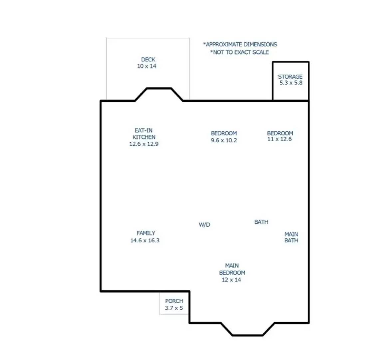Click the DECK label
point(148,60)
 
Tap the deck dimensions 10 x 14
point(147,66)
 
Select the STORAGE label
point(290,77)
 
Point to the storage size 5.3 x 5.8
point(290,83)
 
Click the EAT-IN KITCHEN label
point(144,134)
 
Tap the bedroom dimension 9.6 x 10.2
point(224,140)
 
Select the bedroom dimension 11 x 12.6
point(279,139)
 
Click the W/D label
point(204,225)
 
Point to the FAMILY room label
point(146,233)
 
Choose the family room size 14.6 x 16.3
point(145,240)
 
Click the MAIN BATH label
point(291,237)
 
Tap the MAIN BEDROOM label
point(232,269)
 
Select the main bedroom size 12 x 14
point(231,280)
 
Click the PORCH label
point(174,301)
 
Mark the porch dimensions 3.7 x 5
point(174,308)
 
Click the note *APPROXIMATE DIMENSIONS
point(240,44)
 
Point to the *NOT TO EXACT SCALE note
point(239,52)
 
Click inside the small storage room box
point(291,92)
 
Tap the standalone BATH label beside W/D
point(261,222)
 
